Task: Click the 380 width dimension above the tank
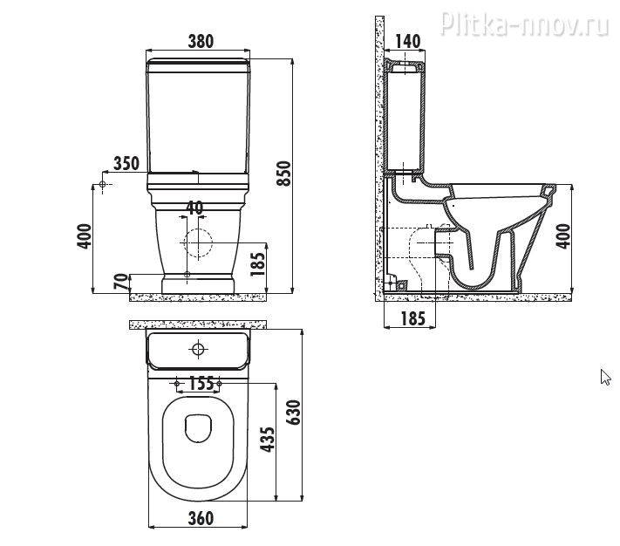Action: coord(201,42)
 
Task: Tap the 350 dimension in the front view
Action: coord(127,163)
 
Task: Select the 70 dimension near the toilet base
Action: coord(121,282)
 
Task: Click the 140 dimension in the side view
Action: coord(407,42)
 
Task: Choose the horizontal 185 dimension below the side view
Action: coord(413,319)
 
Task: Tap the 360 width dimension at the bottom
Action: coord(201,519)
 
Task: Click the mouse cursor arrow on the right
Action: coord(605,377)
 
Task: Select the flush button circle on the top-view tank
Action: coord(198,350)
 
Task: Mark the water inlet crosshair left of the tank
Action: coord(103,185)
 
